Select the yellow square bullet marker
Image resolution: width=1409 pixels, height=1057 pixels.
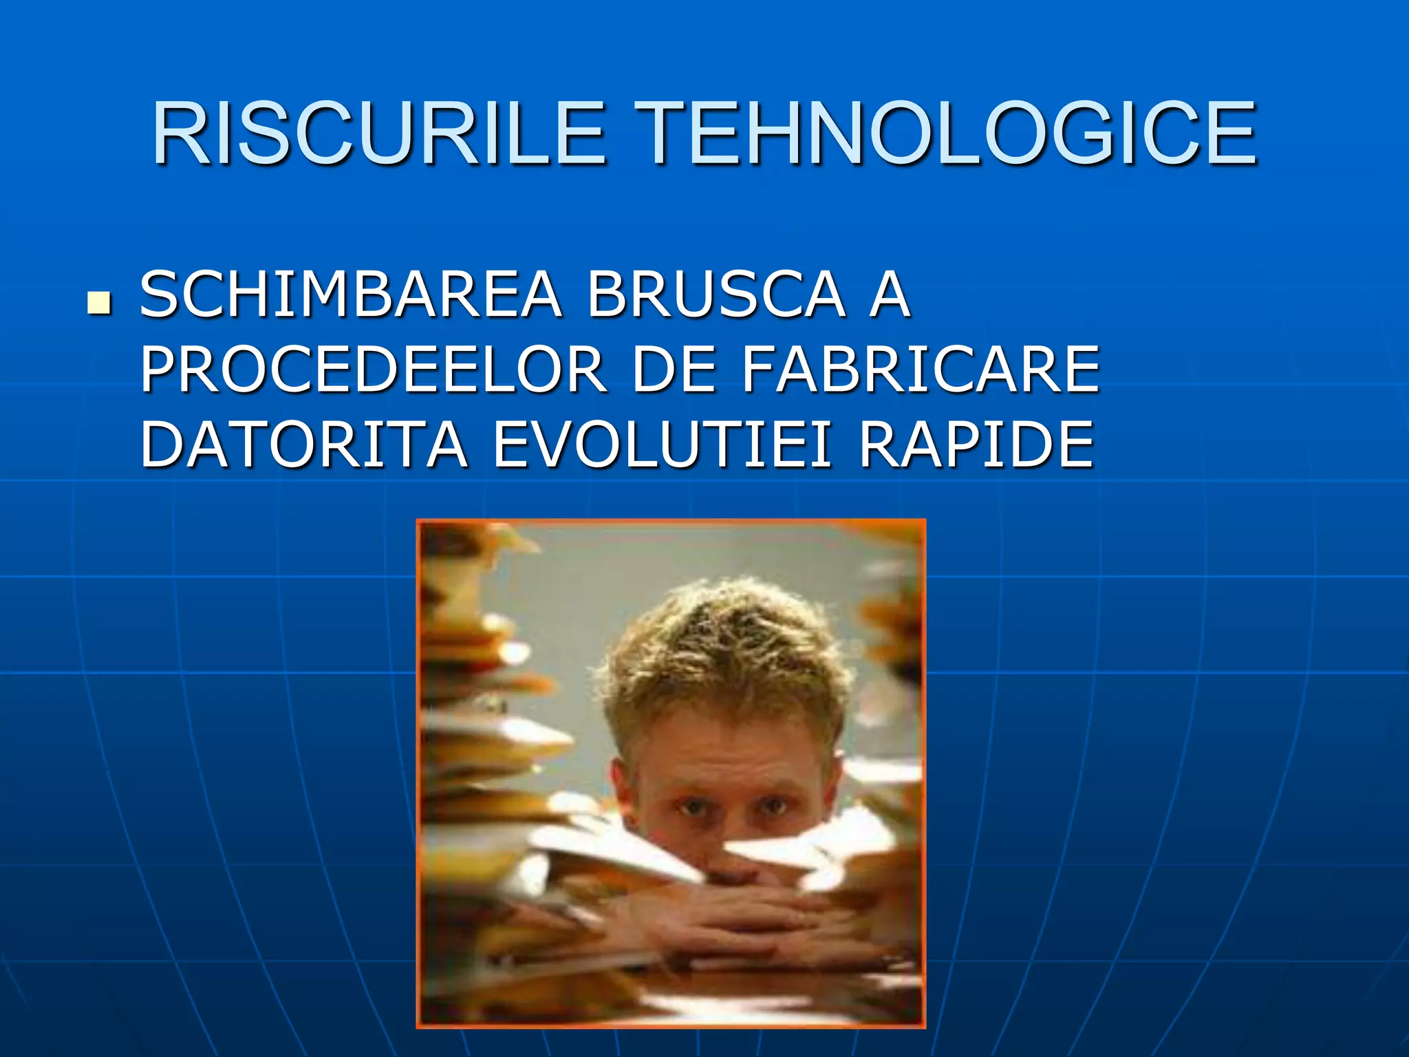pyautogui.click(x=99, y=303)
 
